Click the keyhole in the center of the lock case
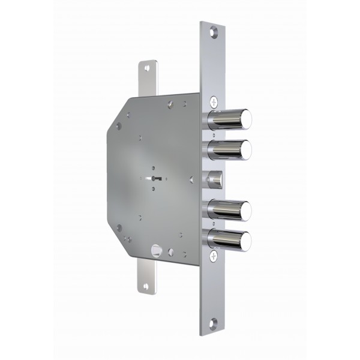coord(155,178)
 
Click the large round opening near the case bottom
coord(157,247)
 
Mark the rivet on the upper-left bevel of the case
coord(119,125)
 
